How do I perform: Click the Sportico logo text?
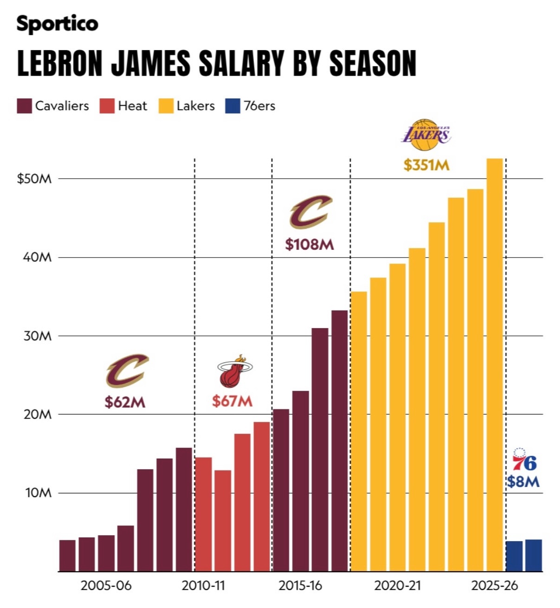57,24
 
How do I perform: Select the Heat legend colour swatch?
107,106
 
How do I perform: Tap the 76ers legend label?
260,106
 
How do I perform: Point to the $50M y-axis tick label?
34,179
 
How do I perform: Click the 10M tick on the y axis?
38,493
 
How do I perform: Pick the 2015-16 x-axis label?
300,586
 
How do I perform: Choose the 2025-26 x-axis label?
494,586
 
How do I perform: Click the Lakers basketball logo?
426,135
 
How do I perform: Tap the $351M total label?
426,166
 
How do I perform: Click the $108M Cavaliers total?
309,245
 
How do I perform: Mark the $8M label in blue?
523,482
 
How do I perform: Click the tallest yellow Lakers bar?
495,365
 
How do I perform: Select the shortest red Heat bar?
223,521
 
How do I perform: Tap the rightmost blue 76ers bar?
534,556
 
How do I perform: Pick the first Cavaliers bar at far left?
67,556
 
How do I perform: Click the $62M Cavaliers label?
125,402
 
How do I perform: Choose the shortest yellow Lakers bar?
358,432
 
